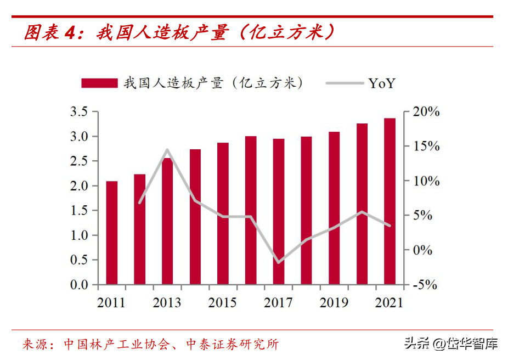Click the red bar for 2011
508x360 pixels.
click(111, 233)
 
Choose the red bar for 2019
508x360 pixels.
click(334, 208)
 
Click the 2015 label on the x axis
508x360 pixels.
click(223, 303)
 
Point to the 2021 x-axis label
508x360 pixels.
click(388, 303)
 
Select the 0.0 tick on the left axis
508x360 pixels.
click(80, 285)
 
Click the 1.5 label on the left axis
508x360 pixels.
click(80, 211)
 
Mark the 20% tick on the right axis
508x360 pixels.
click(426, 113)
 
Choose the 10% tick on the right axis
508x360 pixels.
click(426, 182)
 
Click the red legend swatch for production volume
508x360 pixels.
click(99, 83)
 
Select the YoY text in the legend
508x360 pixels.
click(381, 83)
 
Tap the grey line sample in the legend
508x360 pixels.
click(344, 83)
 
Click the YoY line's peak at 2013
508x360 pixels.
click(167, 150)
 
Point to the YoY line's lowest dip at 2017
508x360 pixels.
click(279, 262)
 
